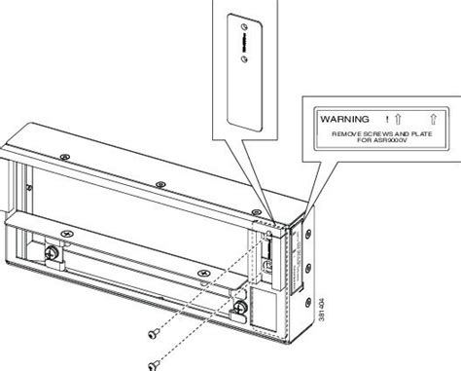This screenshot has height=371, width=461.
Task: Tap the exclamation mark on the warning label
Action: click(386, 115)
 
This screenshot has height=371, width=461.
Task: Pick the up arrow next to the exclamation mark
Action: click(404, 115)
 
